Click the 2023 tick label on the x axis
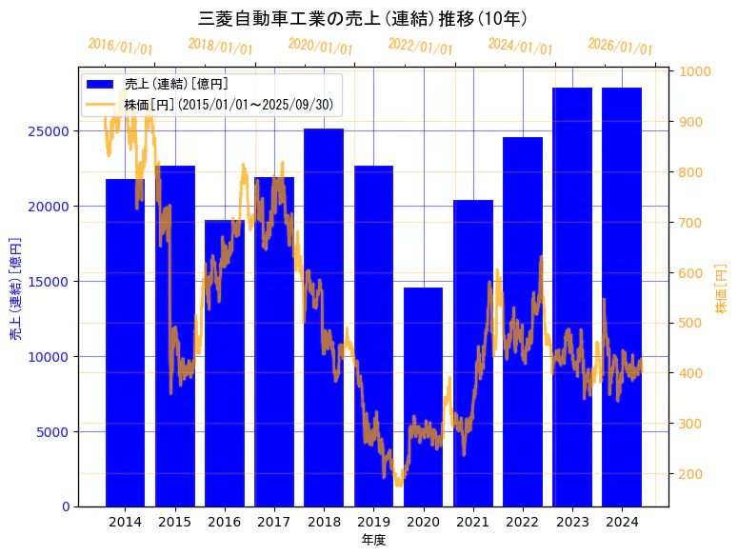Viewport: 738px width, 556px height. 572,522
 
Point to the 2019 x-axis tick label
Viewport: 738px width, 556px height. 373,522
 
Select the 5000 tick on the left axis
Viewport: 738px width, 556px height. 59,432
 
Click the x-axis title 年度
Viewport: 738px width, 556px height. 373,540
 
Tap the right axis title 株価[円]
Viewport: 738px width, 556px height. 721,289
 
